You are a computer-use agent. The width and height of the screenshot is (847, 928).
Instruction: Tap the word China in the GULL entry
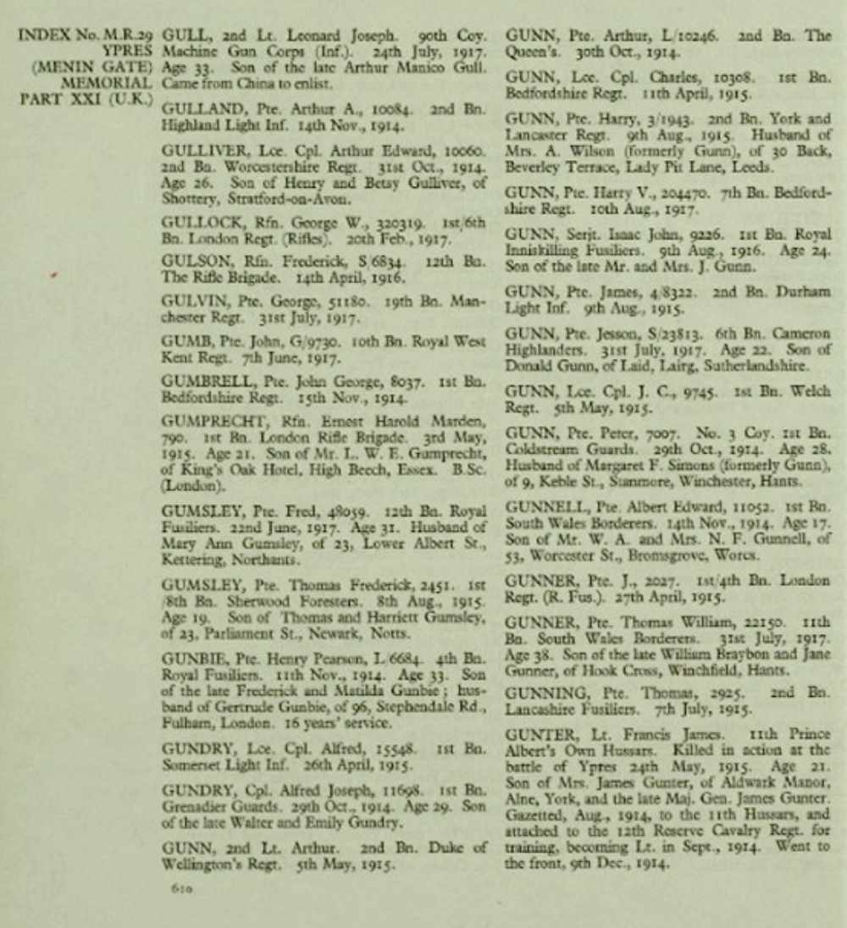tap(247, 83)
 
